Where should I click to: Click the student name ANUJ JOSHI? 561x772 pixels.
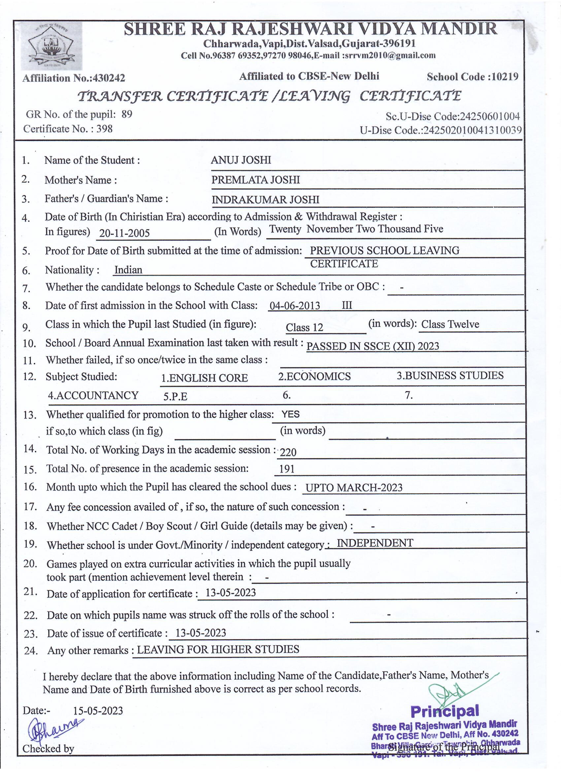click(241, 160)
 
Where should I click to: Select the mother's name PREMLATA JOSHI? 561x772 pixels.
click(255, 180)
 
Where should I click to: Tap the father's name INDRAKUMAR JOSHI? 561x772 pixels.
click(265, 199)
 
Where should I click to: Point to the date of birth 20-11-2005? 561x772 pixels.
click(124, 233)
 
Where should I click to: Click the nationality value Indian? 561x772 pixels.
click(128, 270)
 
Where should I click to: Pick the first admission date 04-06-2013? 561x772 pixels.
click(295, 306)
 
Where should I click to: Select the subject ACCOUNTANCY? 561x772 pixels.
click(93, 395)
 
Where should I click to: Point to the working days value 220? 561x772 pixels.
click(288, 452)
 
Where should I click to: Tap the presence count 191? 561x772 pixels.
click(287, 470)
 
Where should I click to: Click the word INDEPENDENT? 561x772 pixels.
click(375, 543)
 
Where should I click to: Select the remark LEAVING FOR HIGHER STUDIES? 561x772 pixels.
click(218, 649)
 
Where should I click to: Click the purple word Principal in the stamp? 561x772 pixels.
click(445, 711)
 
